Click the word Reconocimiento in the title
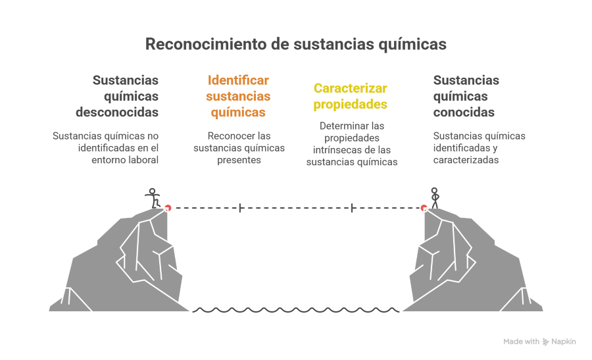[206, 44]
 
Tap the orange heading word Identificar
[238, 80]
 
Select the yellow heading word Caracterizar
[351, 88]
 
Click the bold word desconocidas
[117, 112]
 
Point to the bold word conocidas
[464, 112]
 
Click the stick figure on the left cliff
[153, 198]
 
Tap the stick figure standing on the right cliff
[435, 198]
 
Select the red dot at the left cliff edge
[168, 208]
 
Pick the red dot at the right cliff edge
[424, 208]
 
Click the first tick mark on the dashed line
[240, 208]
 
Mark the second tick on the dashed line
[352, 208]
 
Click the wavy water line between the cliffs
[296, 310]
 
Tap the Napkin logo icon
[545, 342]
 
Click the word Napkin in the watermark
[564, 342]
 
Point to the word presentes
[239, 160]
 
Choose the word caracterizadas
[466, 160]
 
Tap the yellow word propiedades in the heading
[351, 104]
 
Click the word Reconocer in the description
[228, 136]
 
